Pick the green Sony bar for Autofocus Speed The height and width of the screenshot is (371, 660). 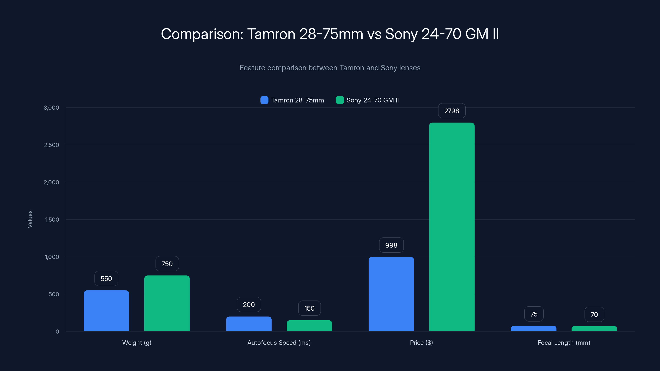tap(309, 326)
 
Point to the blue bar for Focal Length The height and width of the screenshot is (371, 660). tap(534, 329)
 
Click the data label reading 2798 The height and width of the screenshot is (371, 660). tap(452, 111)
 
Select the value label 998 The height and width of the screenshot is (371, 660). tap(391, 245)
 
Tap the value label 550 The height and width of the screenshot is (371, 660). tap(106, 279)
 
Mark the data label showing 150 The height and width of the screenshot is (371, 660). tap(309, 308)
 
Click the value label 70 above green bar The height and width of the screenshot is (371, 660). tap(594, 314)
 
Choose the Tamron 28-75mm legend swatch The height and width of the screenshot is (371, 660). tap(264, 100)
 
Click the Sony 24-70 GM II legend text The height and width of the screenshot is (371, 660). tap(372, 100)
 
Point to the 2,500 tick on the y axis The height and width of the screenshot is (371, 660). tap(52, 145)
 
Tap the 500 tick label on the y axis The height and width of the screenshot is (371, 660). tap(54, 294)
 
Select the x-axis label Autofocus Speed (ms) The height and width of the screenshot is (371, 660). tap(279, 343)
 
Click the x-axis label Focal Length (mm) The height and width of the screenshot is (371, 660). tap(564, 343)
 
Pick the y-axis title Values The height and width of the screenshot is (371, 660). tap(30, 219)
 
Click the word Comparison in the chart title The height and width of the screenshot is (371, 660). tap(202, 34)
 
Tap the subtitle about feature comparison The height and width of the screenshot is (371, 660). tap(330, 68)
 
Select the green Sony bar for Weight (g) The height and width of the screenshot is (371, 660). tap(167, 303)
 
